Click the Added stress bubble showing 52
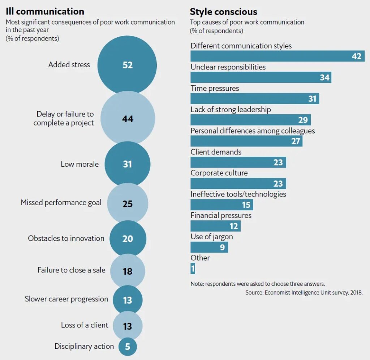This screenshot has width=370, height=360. (127, 65)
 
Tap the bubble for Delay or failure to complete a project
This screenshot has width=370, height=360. (128, 119)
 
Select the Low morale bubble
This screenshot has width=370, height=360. (127, 164)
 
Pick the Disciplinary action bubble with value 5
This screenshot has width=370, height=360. (128, 346)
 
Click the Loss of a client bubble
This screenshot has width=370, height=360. (128, 326)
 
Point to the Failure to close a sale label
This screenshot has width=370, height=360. (72, 270)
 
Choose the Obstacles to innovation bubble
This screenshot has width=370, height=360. (128, 239)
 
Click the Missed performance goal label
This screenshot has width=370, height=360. (61, 202)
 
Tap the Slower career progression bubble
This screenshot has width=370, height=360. (128, 300)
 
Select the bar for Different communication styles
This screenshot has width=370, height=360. (277, 56)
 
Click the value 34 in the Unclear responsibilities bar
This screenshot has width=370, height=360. (324, 77)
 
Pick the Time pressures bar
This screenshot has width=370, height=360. (254, 98)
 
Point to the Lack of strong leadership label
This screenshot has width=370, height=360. (231, 109)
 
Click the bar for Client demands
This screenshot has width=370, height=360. (238, 162)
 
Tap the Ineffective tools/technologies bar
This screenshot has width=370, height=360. (221, 205)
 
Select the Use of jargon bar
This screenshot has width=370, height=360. (209, 247)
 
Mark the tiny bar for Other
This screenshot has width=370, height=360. (193, 269)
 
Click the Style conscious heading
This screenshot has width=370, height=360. (223, 12)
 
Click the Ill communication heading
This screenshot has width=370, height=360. (45, 12)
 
